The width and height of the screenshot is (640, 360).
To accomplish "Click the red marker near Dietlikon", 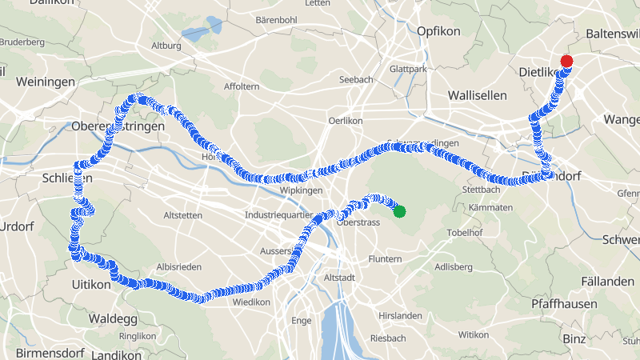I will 567,61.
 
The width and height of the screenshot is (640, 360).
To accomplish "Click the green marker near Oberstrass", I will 399,211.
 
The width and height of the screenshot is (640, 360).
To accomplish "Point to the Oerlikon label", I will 346,120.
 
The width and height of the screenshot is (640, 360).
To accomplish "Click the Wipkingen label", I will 302,190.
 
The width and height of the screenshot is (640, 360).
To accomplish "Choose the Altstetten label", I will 186,215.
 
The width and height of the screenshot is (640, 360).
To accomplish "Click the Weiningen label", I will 45,82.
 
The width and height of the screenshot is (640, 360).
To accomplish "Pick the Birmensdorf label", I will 46,353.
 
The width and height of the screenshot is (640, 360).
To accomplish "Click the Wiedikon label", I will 251,302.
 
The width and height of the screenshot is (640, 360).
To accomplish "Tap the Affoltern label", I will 242,86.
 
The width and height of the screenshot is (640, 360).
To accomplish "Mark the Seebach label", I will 356,79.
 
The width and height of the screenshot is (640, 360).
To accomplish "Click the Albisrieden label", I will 179,266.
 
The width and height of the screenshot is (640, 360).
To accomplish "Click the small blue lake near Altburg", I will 194,34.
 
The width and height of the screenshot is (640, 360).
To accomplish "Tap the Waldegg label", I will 113,318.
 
